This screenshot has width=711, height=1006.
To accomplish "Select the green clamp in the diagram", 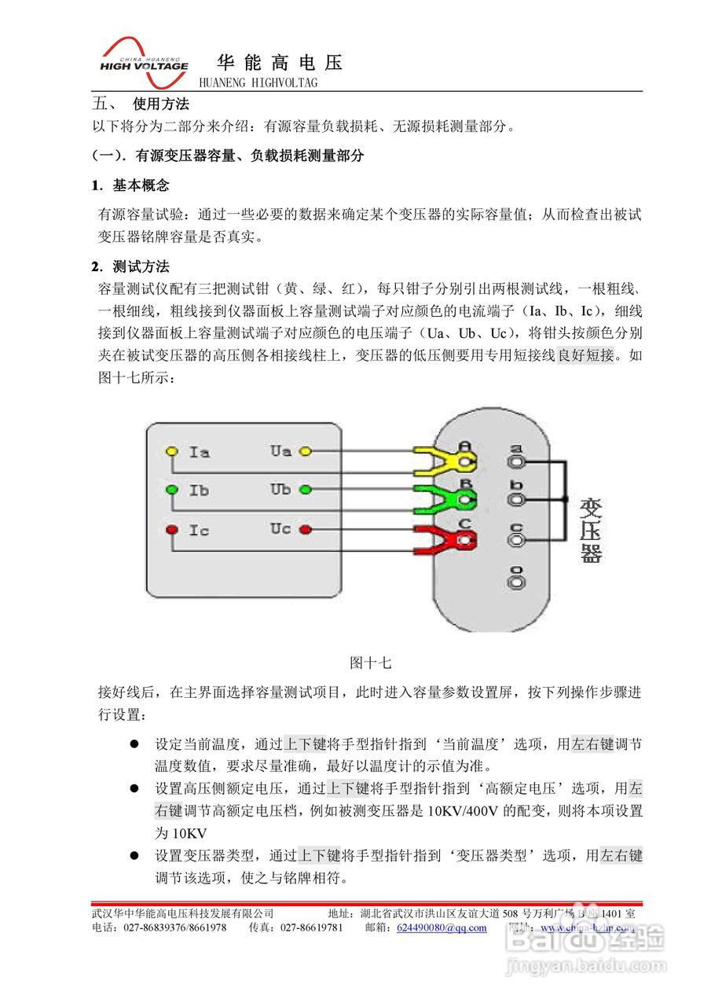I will (442, 497).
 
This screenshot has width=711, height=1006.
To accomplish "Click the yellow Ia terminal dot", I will (171, 452).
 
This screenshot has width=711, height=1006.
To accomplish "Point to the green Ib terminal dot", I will (171, 490).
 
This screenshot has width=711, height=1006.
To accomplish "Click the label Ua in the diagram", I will (280, 451).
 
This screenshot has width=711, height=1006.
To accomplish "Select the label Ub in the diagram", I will (280, 489).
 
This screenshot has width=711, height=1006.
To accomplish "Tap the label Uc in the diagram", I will (280, 529).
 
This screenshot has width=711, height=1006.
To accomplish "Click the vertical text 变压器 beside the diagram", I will (591, 531).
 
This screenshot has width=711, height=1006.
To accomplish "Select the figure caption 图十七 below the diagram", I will (370, 663).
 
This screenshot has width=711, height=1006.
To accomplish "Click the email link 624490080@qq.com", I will (442, 927).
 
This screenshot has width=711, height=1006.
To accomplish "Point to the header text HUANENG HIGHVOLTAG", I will (258, 83).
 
